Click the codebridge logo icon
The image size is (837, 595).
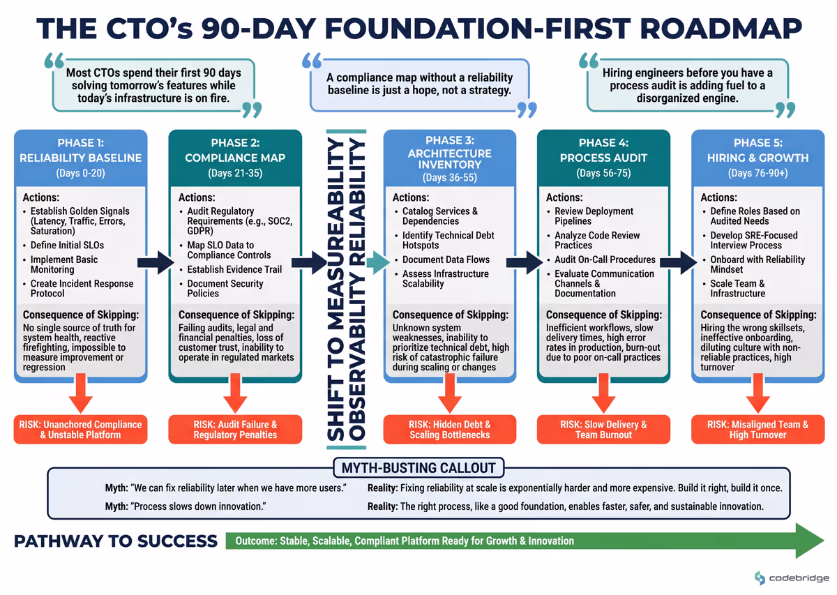760,578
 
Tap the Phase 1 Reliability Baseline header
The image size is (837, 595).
81,158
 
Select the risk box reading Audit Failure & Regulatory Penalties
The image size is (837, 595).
235,430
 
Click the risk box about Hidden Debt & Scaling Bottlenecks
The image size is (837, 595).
449,430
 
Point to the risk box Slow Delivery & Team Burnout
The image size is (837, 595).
603,430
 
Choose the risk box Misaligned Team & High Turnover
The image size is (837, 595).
757,430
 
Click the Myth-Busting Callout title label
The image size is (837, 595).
418,467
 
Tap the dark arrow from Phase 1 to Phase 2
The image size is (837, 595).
156,263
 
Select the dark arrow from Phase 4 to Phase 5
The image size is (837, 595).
679,263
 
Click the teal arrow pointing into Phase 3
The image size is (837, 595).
378,263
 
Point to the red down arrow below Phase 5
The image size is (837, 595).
757,393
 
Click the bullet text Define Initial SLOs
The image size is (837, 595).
67,245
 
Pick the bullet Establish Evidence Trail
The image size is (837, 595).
234,269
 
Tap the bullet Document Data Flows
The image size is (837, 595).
446,259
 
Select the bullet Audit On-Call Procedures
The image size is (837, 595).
605,259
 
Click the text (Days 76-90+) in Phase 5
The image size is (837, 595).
757,174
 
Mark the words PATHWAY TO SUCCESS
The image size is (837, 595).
116,541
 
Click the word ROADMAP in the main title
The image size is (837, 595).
721,29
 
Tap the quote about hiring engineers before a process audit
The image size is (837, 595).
688,85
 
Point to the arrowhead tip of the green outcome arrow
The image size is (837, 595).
824,541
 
